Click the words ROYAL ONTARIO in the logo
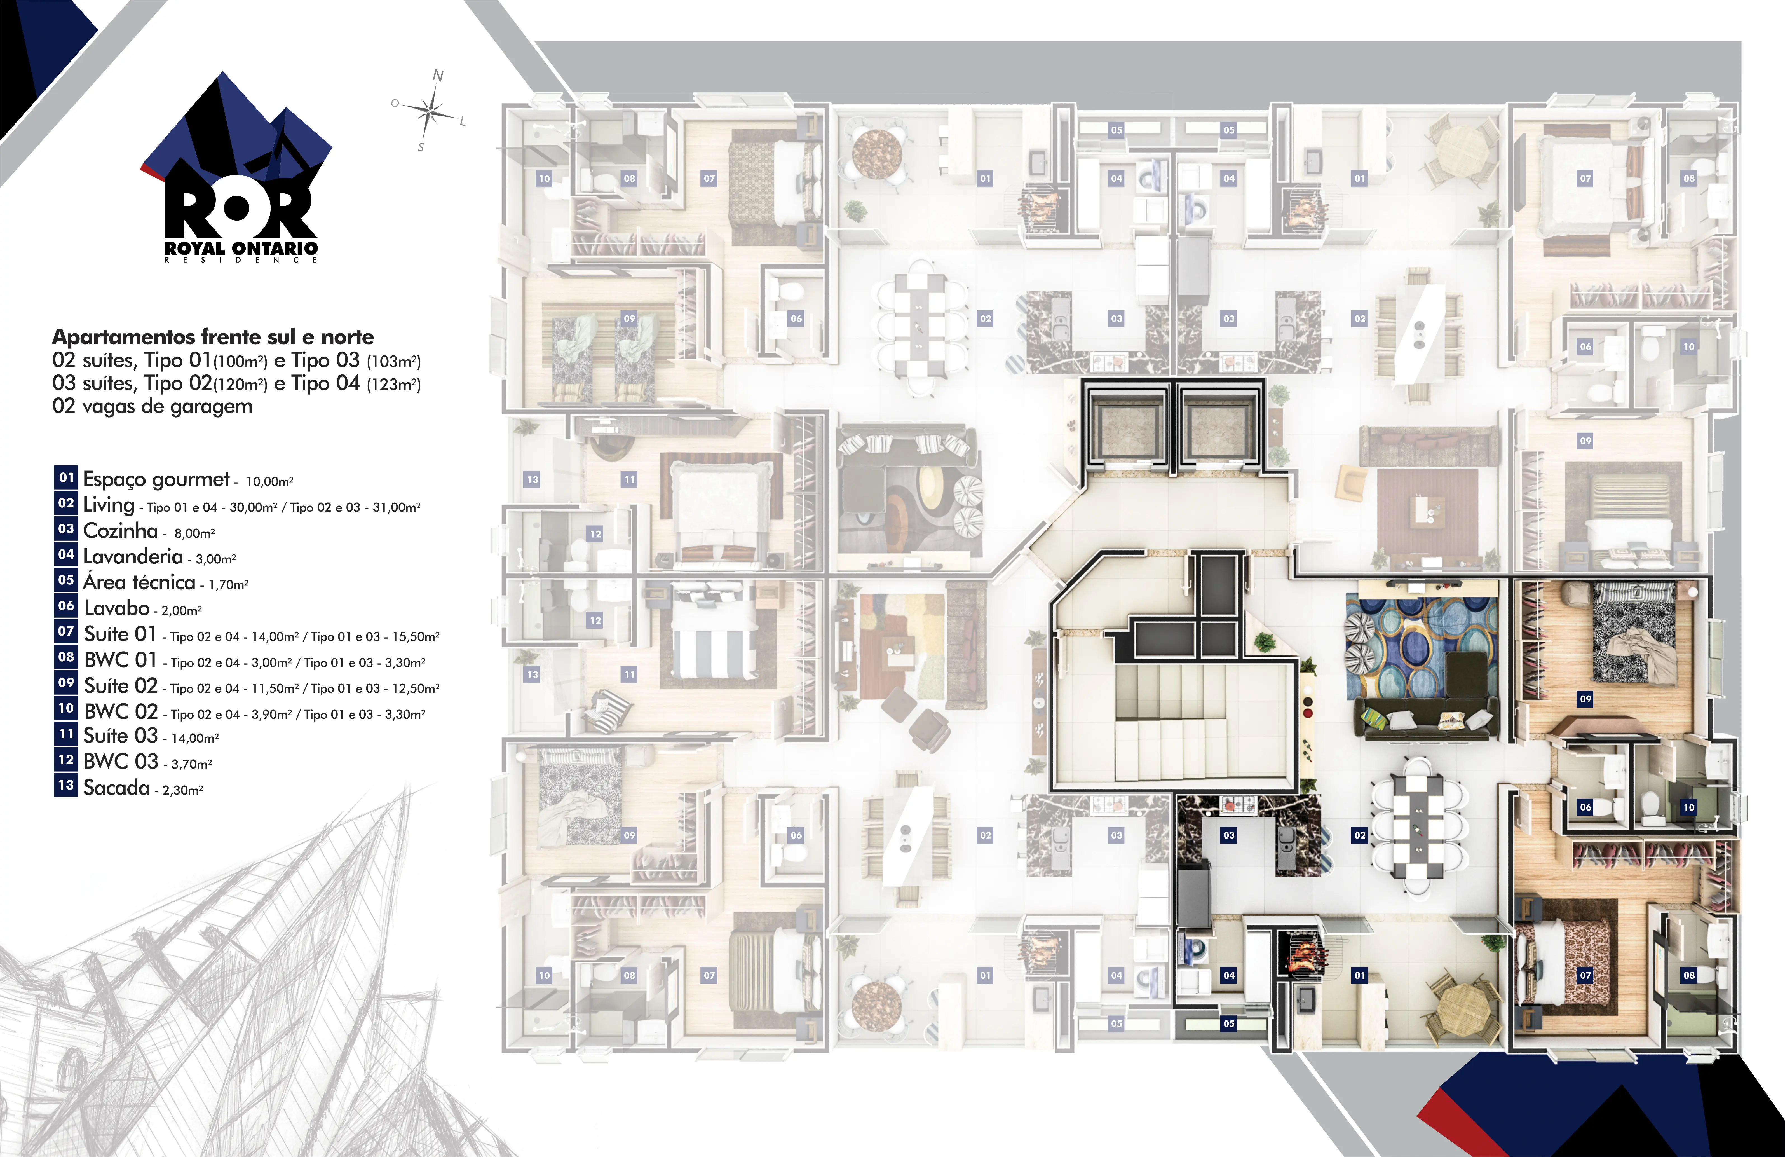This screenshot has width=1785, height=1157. pyautogui.click(x=241, y=248)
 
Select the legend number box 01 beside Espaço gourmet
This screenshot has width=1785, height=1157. pyautogui.click(x=66, y=477)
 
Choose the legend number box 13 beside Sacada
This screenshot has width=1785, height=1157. pyautogui.click(x=66, y=786)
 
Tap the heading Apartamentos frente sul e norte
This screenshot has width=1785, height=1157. pyautogui.click(x=213, y=337)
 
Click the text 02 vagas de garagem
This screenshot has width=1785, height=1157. pyautogui.click(x=152, y=407)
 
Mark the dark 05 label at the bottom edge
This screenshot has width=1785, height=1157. pyautogui.click(x=1228, y=1023)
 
